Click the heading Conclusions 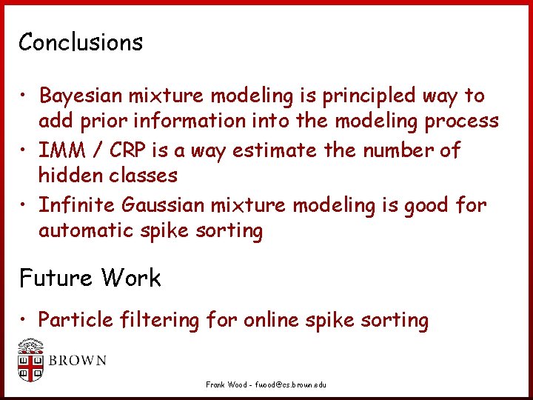[x=81, y=42]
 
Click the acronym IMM [x=60, y=150]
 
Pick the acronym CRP [x=128, y=150]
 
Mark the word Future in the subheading [x=56, y=279]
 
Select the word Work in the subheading [x=131, y=279]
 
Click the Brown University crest [x=30, y=361]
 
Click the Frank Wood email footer [x=266, y=385]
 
